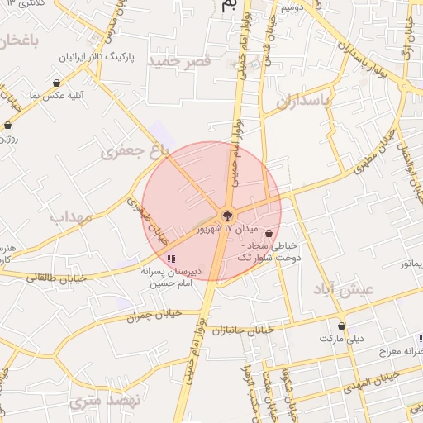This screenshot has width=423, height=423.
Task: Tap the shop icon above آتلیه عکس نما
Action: [55, 83]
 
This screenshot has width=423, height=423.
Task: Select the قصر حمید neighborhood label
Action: [179, 62]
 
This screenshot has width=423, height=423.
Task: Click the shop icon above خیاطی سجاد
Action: [292, 234]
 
